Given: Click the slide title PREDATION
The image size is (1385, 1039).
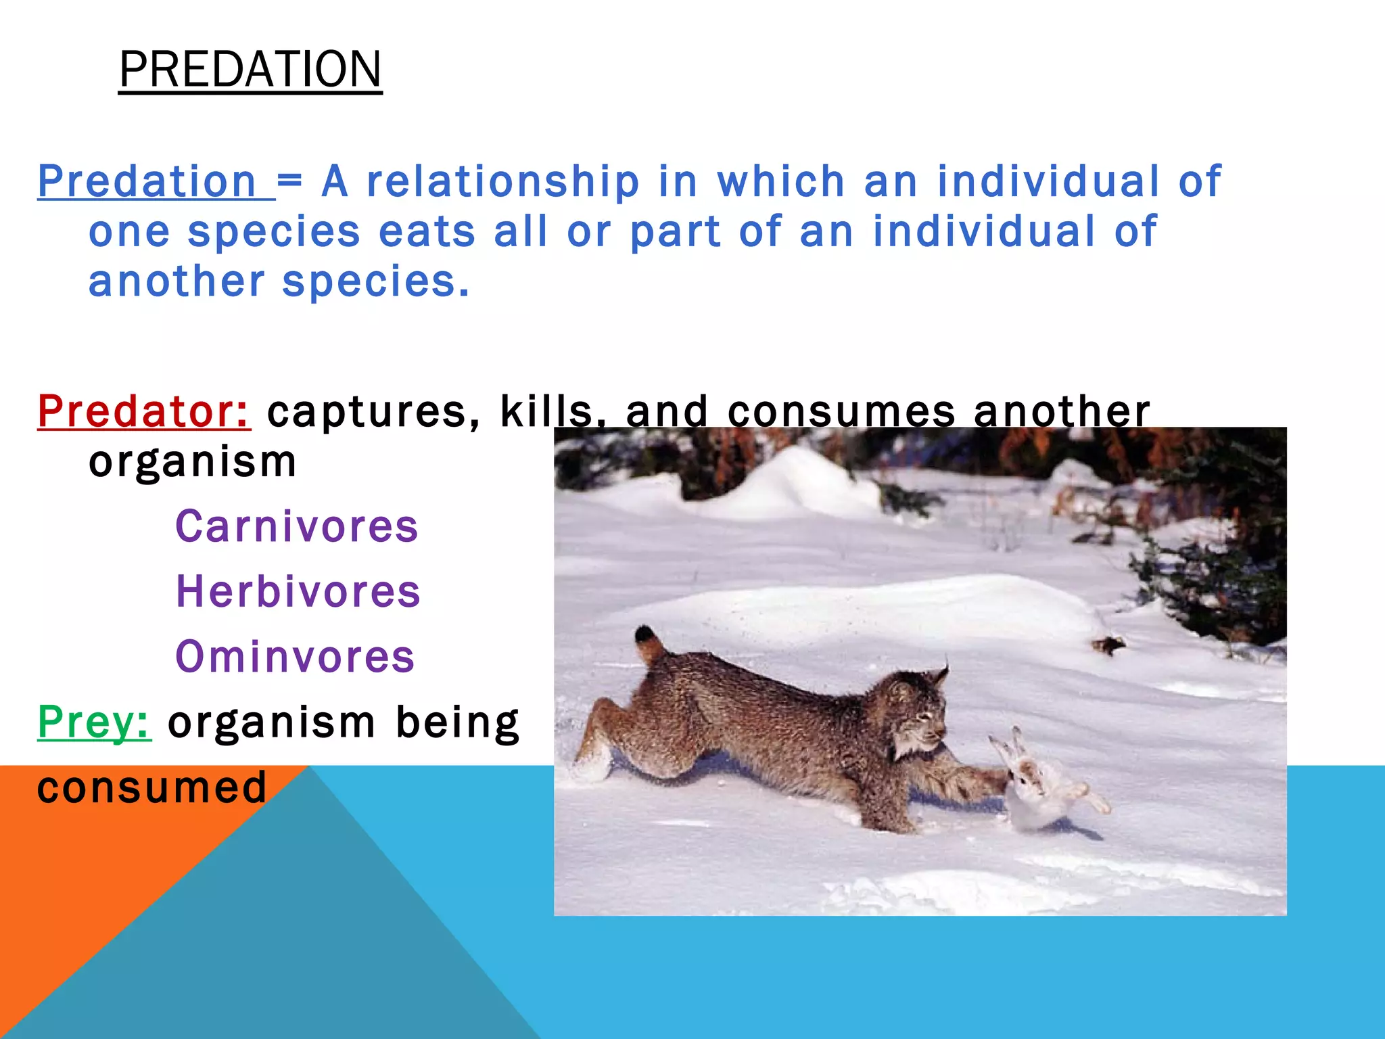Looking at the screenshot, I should pos(250,70).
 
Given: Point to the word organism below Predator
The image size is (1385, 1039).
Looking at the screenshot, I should pos(193,462).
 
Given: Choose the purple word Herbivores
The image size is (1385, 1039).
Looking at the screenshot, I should pos(298,591).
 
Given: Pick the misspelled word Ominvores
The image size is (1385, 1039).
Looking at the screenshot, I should pos(295,656).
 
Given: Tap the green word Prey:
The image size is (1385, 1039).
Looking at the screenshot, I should pos(94,722).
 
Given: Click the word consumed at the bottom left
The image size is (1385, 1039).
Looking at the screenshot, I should pos(152,787).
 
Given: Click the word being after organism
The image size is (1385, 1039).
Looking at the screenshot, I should pos(457,722).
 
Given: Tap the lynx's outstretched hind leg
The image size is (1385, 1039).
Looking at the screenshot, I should pos(598,737).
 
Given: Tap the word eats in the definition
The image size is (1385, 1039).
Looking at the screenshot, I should pos(427,231).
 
